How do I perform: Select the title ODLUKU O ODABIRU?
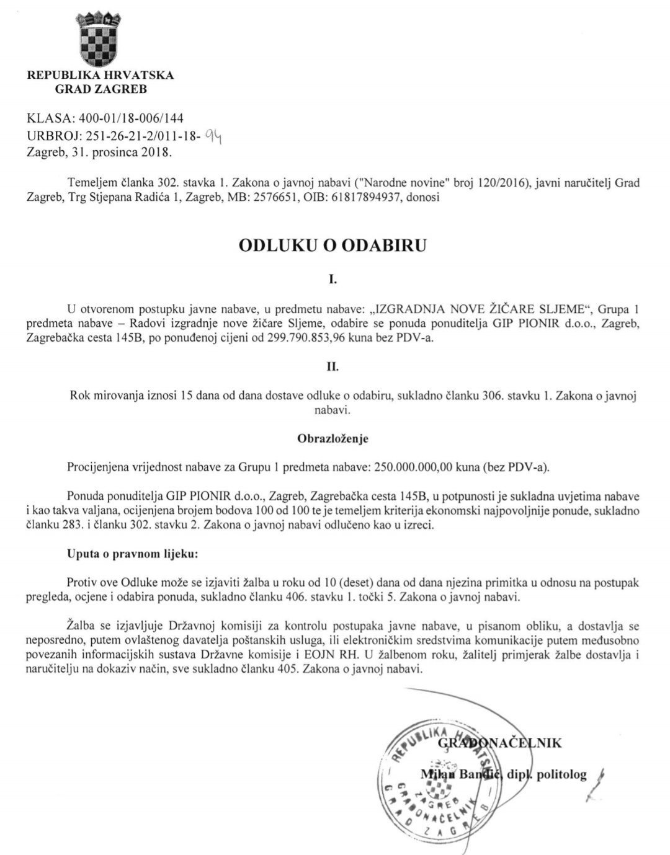[x=333, y=246]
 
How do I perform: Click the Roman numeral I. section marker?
[x=333, y=280]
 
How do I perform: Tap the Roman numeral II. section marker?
[x=333, y=367]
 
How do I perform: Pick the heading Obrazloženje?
[x=333, y=439]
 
